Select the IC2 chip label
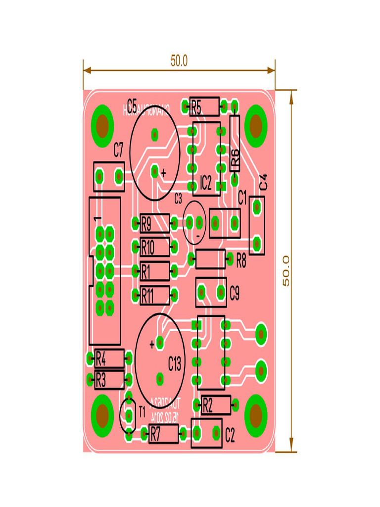tap(206, 184)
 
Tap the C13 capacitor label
tap(175, 364)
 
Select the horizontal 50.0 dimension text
tap(179, 61)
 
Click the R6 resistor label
tap(236, 157)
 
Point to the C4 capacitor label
tap(263, 181)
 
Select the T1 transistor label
tap(142, 411)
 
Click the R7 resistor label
tap(155, 434)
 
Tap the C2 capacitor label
tap(230, 435)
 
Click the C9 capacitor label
tap(235, 294)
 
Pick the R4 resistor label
tap(100, 357)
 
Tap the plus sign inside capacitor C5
tap(164, 173)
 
